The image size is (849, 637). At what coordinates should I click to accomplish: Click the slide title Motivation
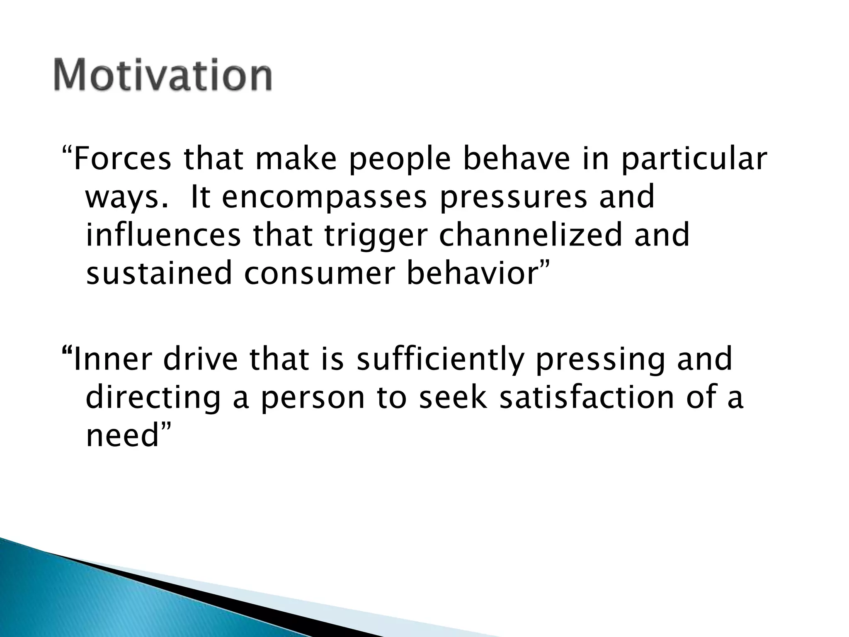[x=163, y=75]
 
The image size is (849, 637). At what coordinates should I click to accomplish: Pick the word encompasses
[x=324, y=198]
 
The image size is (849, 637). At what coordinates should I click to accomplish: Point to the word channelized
[x=530, y=235]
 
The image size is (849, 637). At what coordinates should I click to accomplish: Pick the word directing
[x=153, y=398]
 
